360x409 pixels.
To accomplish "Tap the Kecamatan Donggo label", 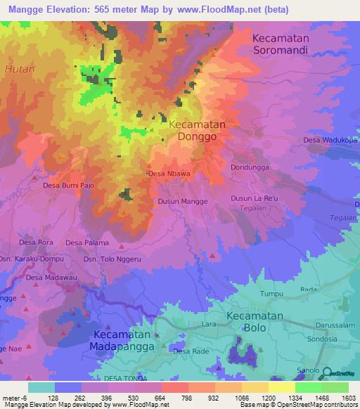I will [x=198, y=131].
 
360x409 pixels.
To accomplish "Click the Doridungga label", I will [x=250, y=167].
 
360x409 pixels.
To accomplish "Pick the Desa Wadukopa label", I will [x=330, y=140].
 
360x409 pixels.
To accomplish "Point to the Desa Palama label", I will [x=87, y=242].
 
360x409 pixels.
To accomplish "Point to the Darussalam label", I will [x=335, y=325].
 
